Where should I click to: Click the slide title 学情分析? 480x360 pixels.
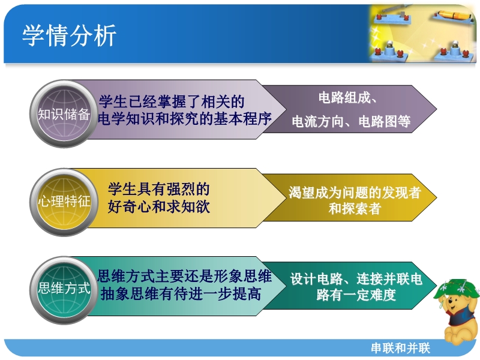coord(69,35)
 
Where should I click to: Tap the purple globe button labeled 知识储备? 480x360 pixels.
coord(64,113)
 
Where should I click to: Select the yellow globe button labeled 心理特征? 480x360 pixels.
coord(64,202)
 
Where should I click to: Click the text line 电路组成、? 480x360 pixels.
coord(347,98)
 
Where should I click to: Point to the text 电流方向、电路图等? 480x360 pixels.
coord(351,122)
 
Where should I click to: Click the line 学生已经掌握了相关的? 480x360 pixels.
coord(172,101)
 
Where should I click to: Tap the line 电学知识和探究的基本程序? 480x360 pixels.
coord(185,119)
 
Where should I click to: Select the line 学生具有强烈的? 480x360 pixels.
coord(158,189)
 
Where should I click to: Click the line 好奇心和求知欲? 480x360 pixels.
coord(158,206)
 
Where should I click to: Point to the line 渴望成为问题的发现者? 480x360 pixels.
coord(355,193)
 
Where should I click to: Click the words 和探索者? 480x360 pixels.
coord(355,209)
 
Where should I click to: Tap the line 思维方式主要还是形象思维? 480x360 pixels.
coord(184,276)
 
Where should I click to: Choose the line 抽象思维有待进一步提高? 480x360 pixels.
coord(181,294)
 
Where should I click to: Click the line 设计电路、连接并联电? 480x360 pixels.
coord(356,279)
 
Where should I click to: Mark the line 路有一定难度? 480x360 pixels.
coord(356,295)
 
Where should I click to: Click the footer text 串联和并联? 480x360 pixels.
coord(401,348)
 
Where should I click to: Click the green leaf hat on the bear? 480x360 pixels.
coord(455,289)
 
